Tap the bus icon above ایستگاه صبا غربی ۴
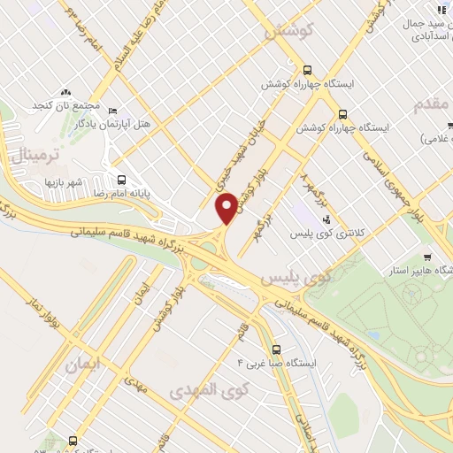point(277,349)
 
